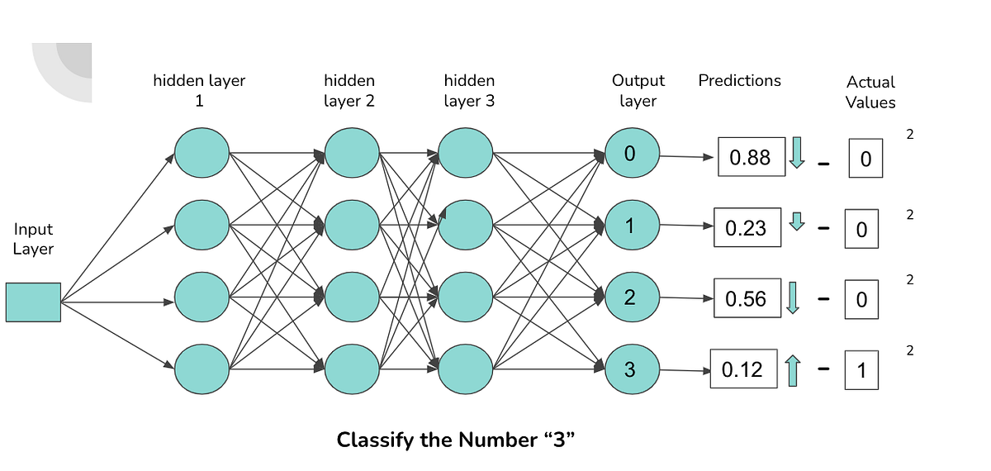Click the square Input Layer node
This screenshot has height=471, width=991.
tap(33, 302)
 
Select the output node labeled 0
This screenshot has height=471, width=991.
tap(632, 154)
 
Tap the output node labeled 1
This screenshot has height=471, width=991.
tap(632, 225)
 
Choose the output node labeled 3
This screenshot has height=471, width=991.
tap(632, 369)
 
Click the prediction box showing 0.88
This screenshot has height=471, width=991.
tap(751, 157)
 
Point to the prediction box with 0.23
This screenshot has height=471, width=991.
tap(747, 227)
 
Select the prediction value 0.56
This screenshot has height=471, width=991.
tap(747, 298)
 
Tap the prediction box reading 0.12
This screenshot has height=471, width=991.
tap(743, 369)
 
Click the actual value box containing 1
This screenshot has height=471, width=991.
tap(861, 371)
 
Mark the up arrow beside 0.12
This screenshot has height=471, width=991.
tap(793, 370)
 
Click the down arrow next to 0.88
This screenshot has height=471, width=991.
tap(797, 154)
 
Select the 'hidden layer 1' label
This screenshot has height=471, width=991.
tap(199, 90)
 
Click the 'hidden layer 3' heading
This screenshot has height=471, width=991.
tap(469, 90)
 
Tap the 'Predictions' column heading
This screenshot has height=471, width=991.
tap(739, 80)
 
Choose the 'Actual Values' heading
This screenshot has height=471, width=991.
tap(870, 92)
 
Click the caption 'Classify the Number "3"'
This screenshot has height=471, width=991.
tap(455, 440)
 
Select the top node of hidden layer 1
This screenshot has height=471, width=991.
tap(202, 154)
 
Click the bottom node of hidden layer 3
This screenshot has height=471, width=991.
tap(465, 369)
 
